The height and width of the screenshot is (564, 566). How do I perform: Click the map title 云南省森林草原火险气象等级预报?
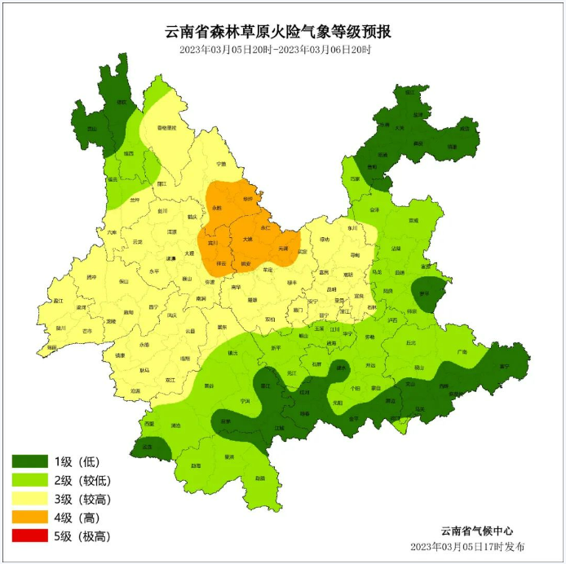pos(278,32)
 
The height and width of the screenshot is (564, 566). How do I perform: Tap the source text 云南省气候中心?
pos(477,531)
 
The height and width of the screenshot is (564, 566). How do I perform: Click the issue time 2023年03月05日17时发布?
pos(467,546)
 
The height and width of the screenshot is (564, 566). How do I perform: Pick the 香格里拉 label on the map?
pos(166,128)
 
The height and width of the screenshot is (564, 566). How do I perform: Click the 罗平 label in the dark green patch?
pos(424,293)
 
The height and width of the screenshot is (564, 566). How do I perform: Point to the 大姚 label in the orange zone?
pos(248,240)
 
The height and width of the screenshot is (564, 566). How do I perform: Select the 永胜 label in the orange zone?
pos(217,209)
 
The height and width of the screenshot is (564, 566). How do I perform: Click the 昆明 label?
pos(331,289)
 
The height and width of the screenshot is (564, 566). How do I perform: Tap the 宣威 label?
pos(413,220)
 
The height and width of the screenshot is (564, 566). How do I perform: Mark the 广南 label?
pos(462,352)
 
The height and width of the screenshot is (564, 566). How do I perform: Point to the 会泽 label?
pos(374,210)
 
